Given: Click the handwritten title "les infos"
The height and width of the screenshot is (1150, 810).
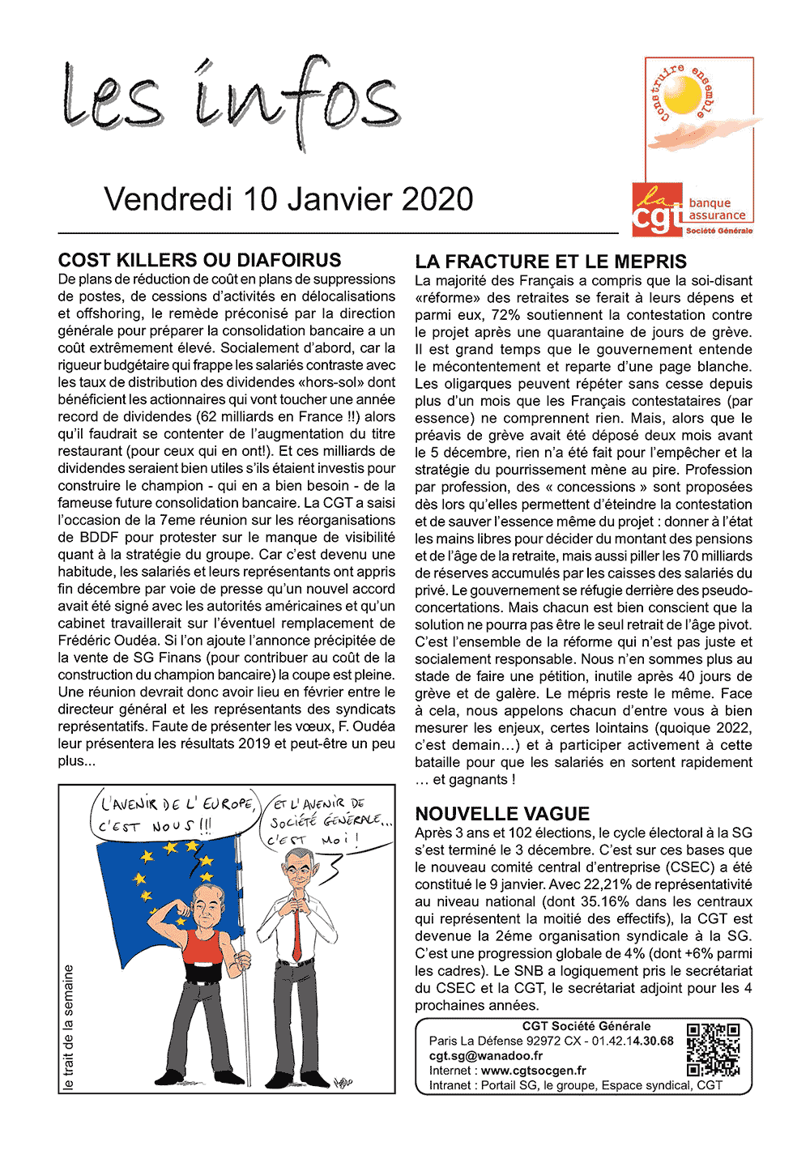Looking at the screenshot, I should (x=231, y=101).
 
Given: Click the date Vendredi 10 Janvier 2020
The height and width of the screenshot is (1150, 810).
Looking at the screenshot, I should (x=289, y=199).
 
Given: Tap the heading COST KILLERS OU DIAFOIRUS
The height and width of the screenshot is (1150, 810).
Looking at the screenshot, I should (x=199, y=260).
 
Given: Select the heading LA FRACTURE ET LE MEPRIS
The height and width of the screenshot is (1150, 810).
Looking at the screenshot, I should (x=551, y=262).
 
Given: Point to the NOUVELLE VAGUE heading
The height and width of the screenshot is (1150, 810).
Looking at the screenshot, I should (x=502, y=814).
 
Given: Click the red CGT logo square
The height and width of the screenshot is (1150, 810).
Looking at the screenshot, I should (x=657, y=209).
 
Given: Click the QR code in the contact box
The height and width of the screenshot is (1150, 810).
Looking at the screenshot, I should (x=713, y=1050).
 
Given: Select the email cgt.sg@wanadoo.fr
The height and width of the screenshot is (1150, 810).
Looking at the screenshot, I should (x=486, y=1056).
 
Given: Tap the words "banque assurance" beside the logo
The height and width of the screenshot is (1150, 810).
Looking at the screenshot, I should (x=717, y=210).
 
